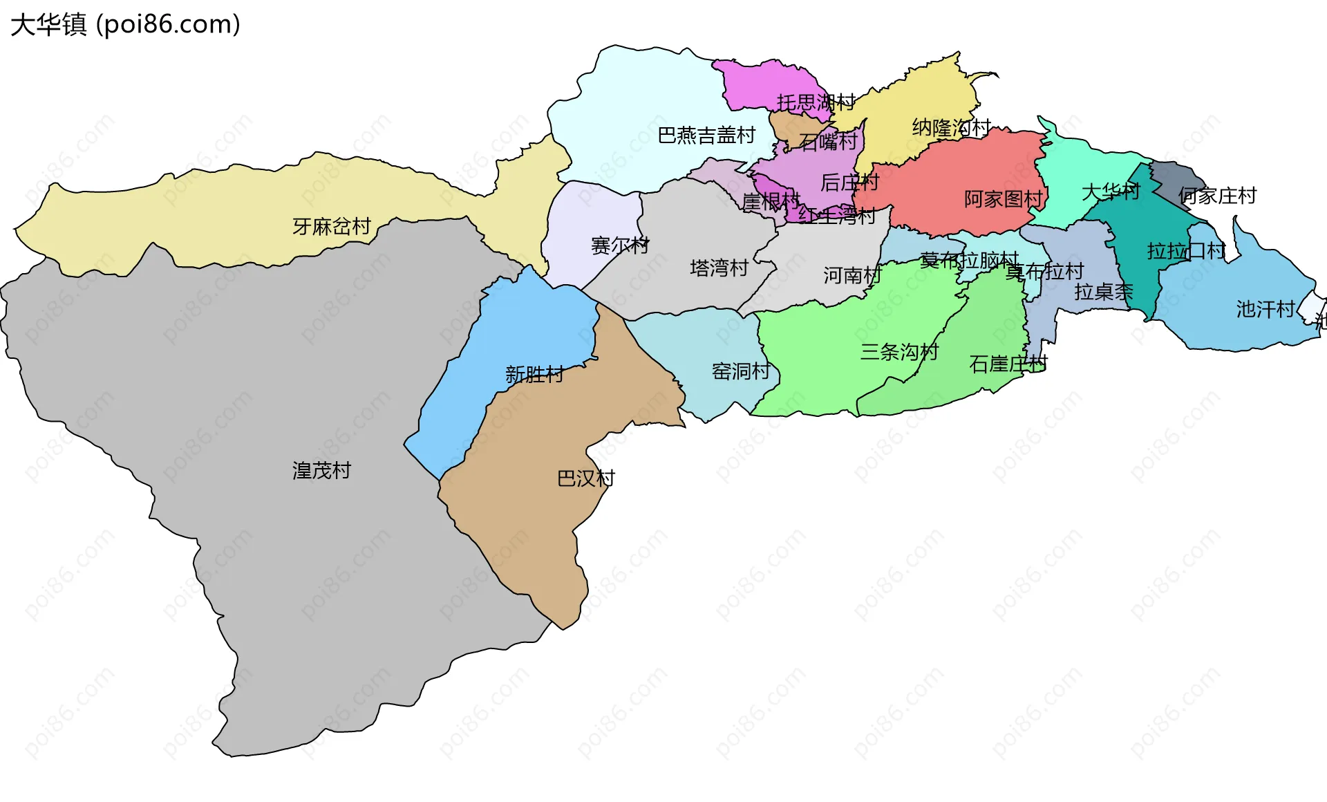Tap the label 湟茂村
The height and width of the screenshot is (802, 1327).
[321, 471]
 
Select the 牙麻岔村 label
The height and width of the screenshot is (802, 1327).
[332, 226]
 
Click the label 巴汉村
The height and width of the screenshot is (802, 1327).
[585, 478]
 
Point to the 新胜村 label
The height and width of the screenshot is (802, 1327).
[534, 375]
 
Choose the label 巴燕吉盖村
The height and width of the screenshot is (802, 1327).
[706, 136]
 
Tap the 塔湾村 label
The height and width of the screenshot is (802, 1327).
[719, 268]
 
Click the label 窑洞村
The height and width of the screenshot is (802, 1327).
[741, 371]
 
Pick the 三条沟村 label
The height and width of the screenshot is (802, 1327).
[899, 352]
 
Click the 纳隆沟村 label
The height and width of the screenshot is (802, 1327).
[952, 128]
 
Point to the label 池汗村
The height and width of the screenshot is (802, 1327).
[1265, 309]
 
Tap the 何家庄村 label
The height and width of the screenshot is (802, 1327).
[1217, 196]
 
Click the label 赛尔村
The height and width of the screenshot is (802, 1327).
[620, 245]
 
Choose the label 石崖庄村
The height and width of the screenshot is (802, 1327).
[1008, 364]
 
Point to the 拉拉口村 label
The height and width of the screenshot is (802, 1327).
[1186, 251]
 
